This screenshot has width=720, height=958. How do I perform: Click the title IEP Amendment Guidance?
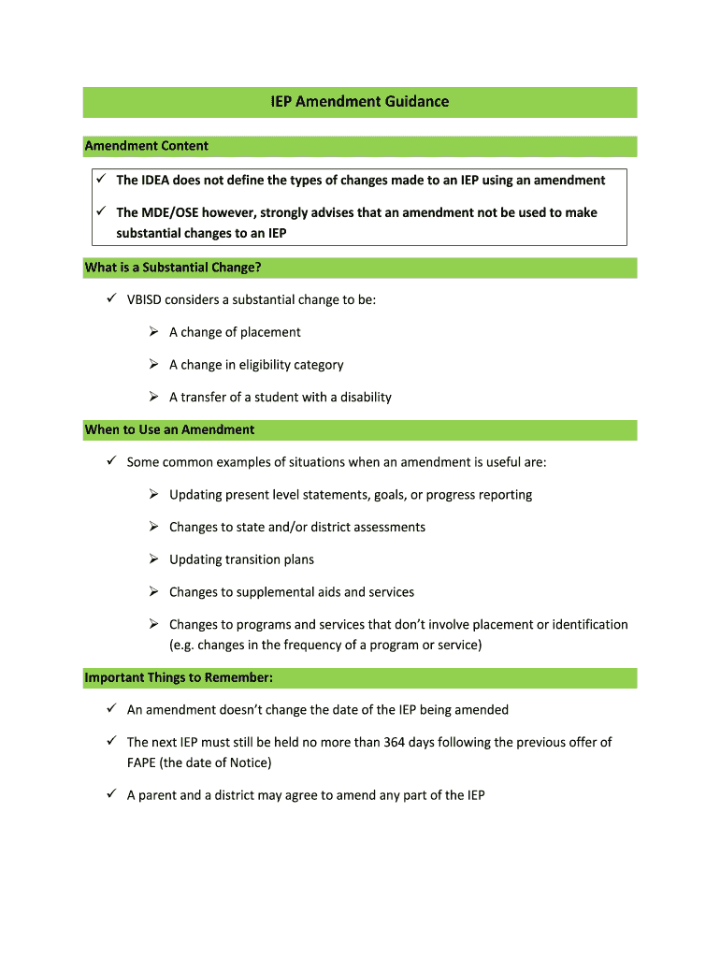point(360,102)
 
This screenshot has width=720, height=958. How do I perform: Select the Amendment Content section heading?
point(147,146)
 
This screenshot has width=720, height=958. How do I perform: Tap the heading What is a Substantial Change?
point(173,268)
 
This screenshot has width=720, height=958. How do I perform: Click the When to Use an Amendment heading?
point(169,429)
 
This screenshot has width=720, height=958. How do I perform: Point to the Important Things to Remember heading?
point(179,677)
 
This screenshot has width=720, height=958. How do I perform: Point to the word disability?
point(366,397)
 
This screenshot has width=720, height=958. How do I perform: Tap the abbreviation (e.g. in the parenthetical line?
point(180,645)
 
